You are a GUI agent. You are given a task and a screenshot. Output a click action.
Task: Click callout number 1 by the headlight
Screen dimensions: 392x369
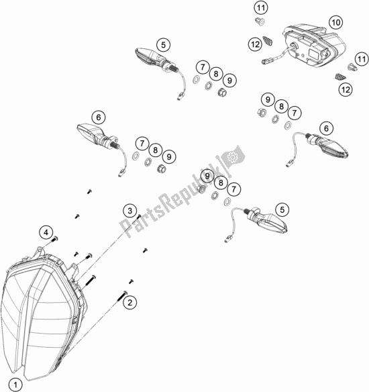17,384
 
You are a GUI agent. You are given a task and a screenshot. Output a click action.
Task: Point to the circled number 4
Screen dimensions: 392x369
46,232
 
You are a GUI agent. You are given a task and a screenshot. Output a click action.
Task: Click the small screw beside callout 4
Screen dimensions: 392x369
56,239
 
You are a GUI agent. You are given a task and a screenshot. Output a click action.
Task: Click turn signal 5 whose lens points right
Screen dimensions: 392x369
267,218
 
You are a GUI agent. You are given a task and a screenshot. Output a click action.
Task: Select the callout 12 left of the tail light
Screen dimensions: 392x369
254,44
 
